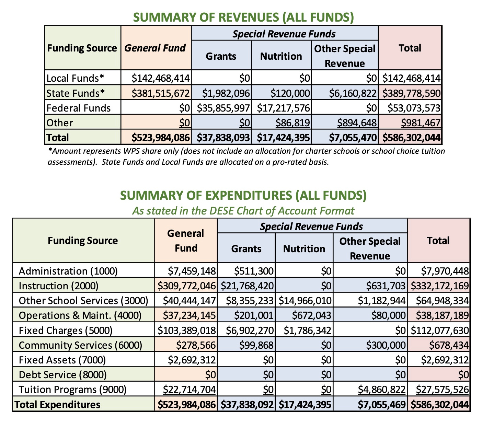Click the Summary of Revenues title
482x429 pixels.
[x=243, y=17]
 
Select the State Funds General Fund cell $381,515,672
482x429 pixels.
[x=161, y=93]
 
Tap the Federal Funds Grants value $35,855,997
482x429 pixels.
[x=223, y=108]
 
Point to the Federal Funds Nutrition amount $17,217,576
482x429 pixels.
[x=284, y=108]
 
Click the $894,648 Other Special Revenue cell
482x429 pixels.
[x=357, y=123]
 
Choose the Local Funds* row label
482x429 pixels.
[x=75, y=78]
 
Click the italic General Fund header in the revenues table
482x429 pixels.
[x=155, y=48]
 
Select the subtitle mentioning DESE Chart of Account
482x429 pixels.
[x=243, y=210]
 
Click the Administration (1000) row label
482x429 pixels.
[x=68, y=271]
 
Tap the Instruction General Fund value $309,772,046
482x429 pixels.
[x=187, y=286]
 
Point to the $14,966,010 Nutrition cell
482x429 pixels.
[x=305, y=301]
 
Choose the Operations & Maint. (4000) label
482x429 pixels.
[x=80, y=315]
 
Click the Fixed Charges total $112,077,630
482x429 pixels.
[x=440, y=331]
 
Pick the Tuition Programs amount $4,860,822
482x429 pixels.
[x=382, y=390]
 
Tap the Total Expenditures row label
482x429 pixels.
[x=58, y=405]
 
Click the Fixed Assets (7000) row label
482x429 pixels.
[x=62, y=360]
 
